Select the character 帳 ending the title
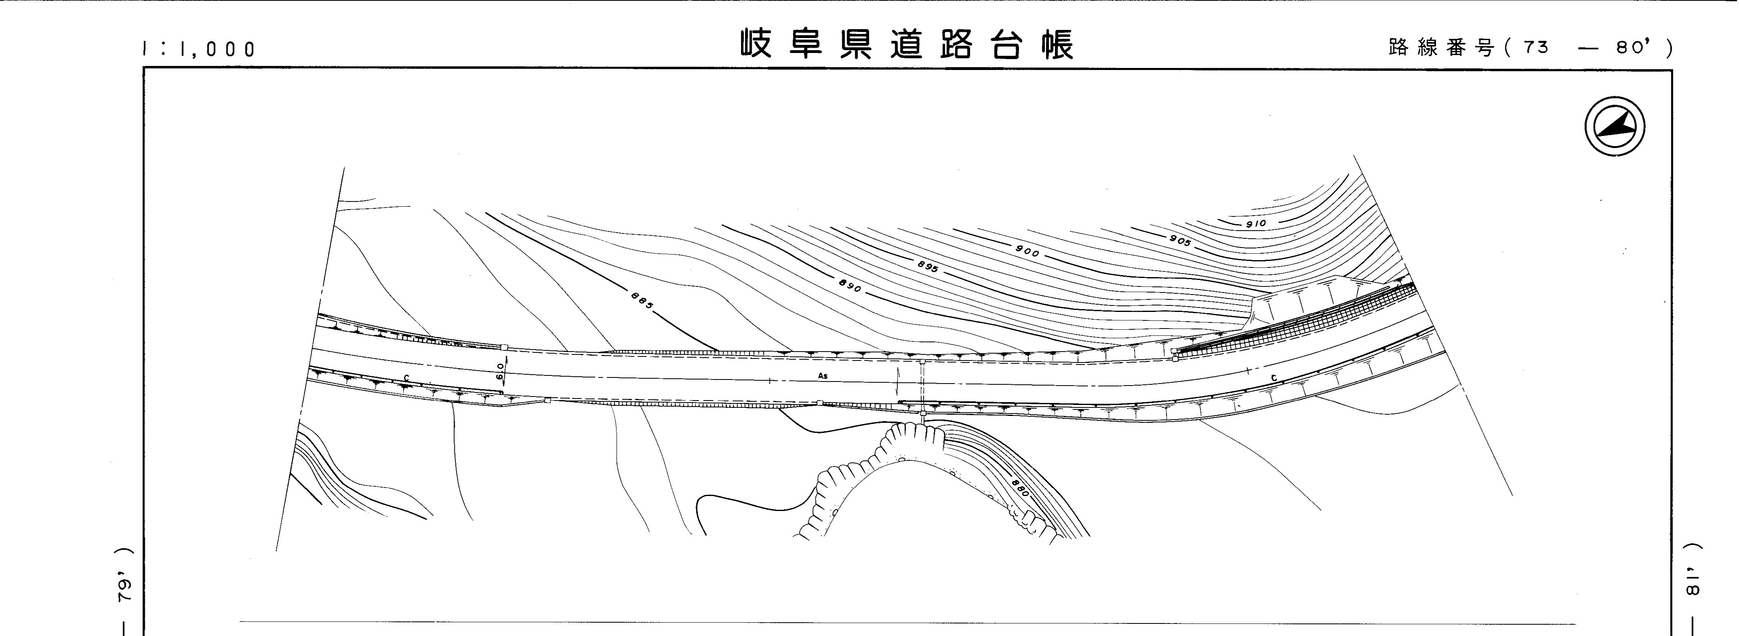(1057, 45)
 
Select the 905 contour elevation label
(1180, 240)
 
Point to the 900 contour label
(1027, 252)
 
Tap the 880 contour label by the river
(1020, 488)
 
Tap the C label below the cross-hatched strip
(1274, 378)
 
